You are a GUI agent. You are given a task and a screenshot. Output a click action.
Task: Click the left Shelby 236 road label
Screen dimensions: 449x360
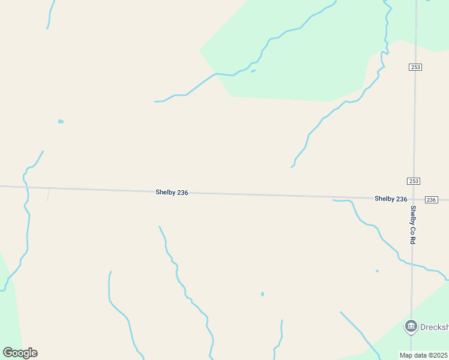[x=172, y=192]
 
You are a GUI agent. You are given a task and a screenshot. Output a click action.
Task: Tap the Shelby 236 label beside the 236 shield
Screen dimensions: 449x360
[x=391, y=199]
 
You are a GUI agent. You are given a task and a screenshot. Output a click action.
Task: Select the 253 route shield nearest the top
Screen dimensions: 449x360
[x=415, y=67]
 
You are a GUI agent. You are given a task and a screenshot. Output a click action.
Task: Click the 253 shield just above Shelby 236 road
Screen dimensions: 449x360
[x=413, y=181]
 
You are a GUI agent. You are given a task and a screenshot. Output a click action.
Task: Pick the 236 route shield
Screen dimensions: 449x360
[x=431, y=199]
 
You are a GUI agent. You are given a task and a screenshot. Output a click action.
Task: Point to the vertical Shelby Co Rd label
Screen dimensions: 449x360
[x=413, y=224]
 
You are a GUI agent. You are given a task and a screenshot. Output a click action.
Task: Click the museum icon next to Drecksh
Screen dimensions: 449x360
[x=411, y=326]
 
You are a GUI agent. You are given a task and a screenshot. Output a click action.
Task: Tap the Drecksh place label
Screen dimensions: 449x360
[x=434, y=327]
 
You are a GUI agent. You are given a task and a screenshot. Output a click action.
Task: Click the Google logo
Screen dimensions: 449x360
[x=20, y=353]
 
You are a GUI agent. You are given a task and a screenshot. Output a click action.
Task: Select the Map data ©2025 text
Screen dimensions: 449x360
[x=423, y=355]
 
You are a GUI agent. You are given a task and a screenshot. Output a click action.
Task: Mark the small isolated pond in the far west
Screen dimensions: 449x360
[x=61, y=121]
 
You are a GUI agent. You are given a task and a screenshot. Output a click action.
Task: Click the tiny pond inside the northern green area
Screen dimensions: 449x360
[x=253, y=71]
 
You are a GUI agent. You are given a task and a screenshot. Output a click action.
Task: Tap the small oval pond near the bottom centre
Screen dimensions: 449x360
[x=262, y=294]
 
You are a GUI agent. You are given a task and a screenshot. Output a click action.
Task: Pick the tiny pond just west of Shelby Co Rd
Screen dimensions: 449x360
[x=377, y=271]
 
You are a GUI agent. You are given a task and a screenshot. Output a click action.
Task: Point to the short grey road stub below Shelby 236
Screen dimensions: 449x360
[x=48, y=194]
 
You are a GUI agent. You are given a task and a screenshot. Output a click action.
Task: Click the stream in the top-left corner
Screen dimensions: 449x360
[x=51, y=13]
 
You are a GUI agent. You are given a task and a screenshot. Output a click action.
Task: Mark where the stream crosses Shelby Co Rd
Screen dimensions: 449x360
[x=412, y=264]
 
